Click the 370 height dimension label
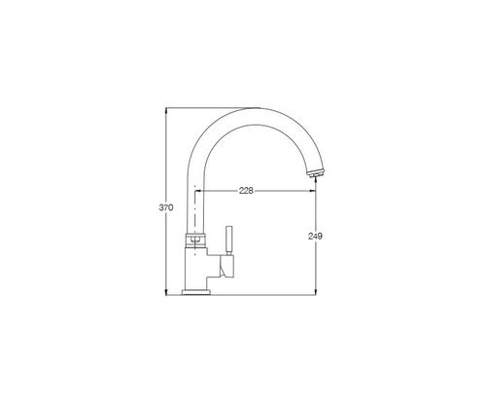[166, 207]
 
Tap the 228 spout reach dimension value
[246, 191]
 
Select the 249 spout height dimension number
[315, 237]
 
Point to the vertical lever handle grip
[229, 240]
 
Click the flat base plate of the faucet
[196, 292]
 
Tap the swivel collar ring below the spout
[195, 240]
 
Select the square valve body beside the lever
[226, 266]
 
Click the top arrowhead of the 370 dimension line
[166, 110]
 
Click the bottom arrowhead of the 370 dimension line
[166, 292]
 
